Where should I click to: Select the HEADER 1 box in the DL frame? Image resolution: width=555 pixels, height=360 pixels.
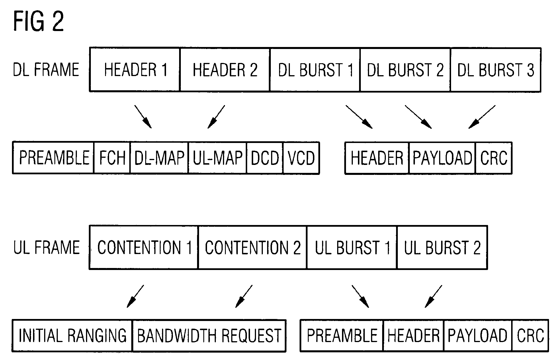click(x=135, y=70)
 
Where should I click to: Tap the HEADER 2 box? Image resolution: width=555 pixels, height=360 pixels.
click(x=225, y=70)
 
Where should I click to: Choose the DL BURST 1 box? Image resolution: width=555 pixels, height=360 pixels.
click(x=315, y=70)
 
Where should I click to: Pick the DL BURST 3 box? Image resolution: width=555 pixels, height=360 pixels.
click(x=495, y=70)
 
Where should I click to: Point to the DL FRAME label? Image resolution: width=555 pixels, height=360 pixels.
click(x=46, y=70)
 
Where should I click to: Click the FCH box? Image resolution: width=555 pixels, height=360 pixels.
click(x=112, y=158)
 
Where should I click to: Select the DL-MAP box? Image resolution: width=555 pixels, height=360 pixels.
click(x=159, y=158)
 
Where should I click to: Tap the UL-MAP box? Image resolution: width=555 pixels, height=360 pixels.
click(x=218, y=158)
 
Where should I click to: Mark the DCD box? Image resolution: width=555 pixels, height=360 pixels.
click(x=265, y=158)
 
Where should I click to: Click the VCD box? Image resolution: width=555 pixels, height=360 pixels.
click(x=301, y=158)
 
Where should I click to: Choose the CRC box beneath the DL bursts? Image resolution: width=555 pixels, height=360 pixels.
click(x=494, y=158)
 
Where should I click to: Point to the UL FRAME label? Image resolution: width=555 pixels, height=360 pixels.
click(x=46, y=247)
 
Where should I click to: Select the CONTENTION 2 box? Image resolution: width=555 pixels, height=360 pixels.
click(x=253, y=247)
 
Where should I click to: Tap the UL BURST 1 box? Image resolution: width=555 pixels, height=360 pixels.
click(x=352, y=247)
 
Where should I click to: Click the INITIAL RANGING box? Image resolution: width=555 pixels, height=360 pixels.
click(x=72, y=336)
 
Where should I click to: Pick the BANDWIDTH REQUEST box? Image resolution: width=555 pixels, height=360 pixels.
click(x=209, y=336)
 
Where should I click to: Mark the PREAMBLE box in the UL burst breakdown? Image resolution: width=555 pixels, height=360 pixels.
click(x=342, y=336)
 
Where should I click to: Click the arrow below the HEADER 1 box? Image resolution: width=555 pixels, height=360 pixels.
click(x=143, y=117)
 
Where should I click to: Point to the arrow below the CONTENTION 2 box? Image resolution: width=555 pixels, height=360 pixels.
click(x=244, y=296)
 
